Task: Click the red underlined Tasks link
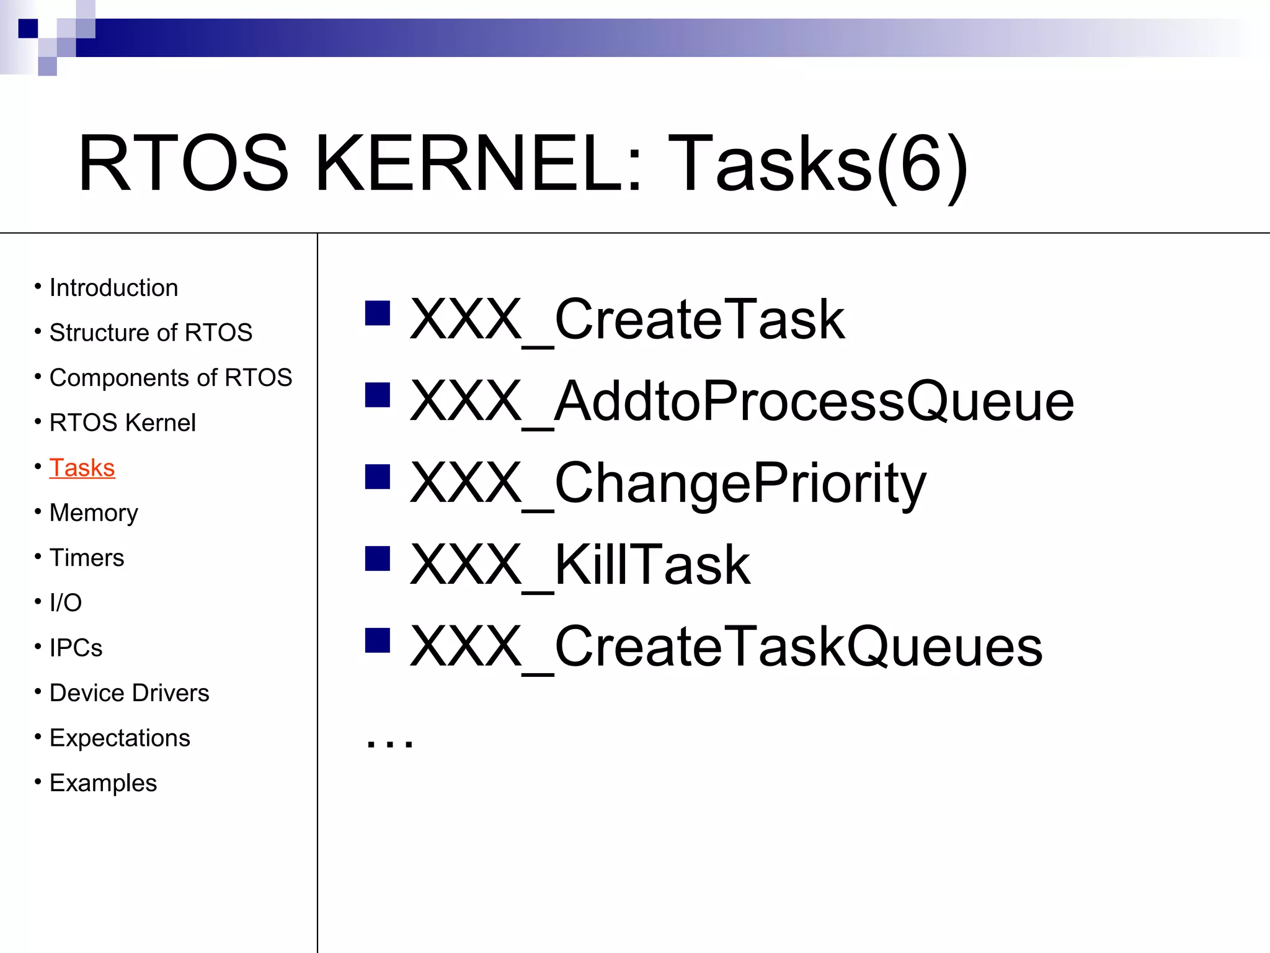point(82,468)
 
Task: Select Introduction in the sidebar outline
point(113,288)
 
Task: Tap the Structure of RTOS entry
point(151,333)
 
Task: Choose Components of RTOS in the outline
point(171,378)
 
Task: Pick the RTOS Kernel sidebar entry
point(122,423)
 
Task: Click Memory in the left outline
point(94,513)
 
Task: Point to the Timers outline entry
point(87,558)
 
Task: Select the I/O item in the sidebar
point(66,602)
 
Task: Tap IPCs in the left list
point(76,648)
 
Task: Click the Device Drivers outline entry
point(129,693)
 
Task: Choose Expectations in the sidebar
point(120,738)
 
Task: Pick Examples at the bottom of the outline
point(103,783)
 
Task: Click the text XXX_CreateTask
point(626,320)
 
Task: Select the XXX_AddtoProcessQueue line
point(742,401)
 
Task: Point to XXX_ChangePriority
point(668,483)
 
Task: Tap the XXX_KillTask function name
point(580,565)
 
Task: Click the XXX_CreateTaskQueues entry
point(726,647)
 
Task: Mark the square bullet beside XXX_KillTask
point(378,558)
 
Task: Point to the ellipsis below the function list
point(389,742)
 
